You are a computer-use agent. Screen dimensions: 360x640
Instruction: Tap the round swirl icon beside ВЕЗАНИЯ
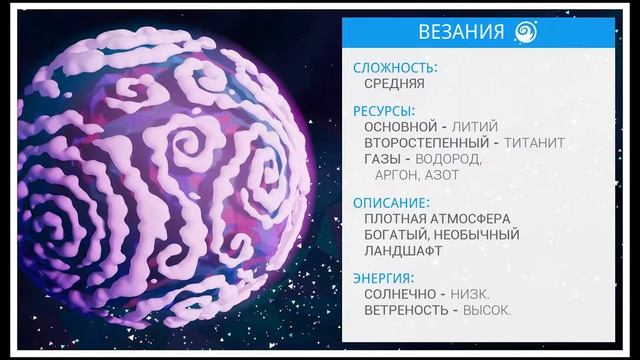click(x=527, y=32)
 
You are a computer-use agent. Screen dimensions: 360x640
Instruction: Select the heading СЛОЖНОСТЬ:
click(x=395, y=68)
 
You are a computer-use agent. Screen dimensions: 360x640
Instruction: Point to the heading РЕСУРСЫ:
click(x=384, y=111)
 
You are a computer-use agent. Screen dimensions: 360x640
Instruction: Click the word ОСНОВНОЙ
click(x=400, y=127)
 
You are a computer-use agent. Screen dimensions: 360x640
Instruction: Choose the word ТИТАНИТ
click(x=534, y=143)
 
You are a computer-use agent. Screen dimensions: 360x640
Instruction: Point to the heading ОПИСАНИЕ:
click(x=391, y=202)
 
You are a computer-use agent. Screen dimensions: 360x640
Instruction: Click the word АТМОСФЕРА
click(x=468, y=218)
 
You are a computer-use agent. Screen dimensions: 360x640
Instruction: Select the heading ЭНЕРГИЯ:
click(x=384, y=277)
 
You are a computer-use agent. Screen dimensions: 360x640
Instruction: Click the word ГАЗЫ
click(x=384, y=159)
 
